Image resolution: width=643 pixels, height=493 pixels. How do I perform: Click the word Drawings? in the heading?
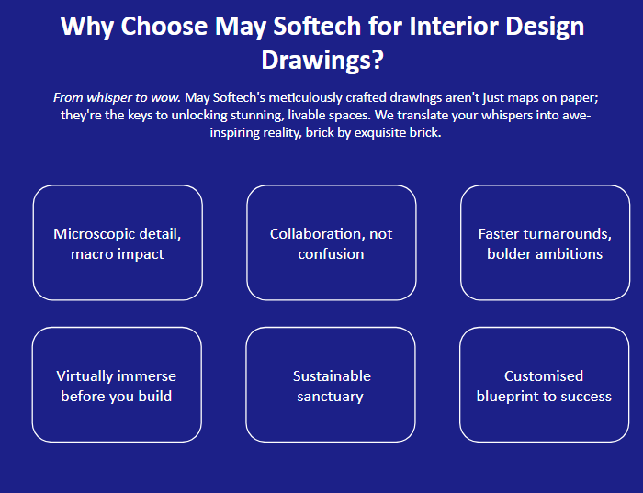[322, 61]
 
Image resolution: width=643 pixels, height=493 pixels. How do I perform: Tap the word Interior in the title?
[454, 26]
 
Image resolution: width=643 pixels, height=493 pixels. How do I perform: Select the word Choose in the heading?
[164, 26]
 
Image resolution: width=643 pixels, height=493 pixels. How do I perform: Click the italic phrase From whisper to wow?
[117, 97]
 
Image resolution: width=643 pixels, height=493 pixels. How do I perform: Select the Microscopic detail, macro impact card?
[118, 242]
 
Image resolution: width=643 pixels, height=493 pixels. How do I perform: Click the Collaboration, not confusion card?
[332, 242]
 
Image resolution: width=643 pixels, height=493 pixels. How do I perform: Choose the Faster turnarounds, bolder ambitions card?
[545, 242]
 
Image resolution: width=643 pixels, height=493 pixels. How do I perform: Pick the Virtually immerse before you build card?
[117, 385]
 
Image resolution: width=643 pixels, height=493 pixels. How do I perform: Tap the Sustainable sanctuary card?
[331, 385]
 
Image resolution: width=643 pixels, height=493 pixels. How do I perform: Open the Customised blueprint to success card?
[544, 385]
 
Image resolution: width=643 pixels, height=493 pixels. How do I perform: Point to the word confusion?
[331, 254]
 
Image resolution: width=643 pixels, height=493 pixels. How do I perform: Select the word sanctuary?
[330, 397]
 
